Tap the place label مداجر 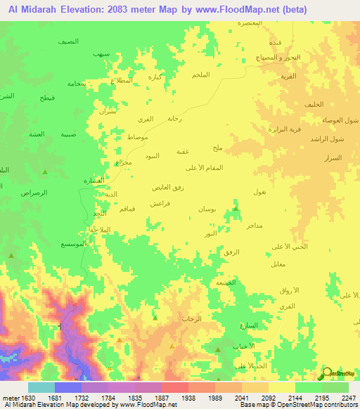tap(253, 226)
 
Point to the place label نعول tap(259, 192)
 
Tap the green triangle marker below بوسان tap(235, 208)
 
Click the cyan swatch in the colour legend tap(41, 387)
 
